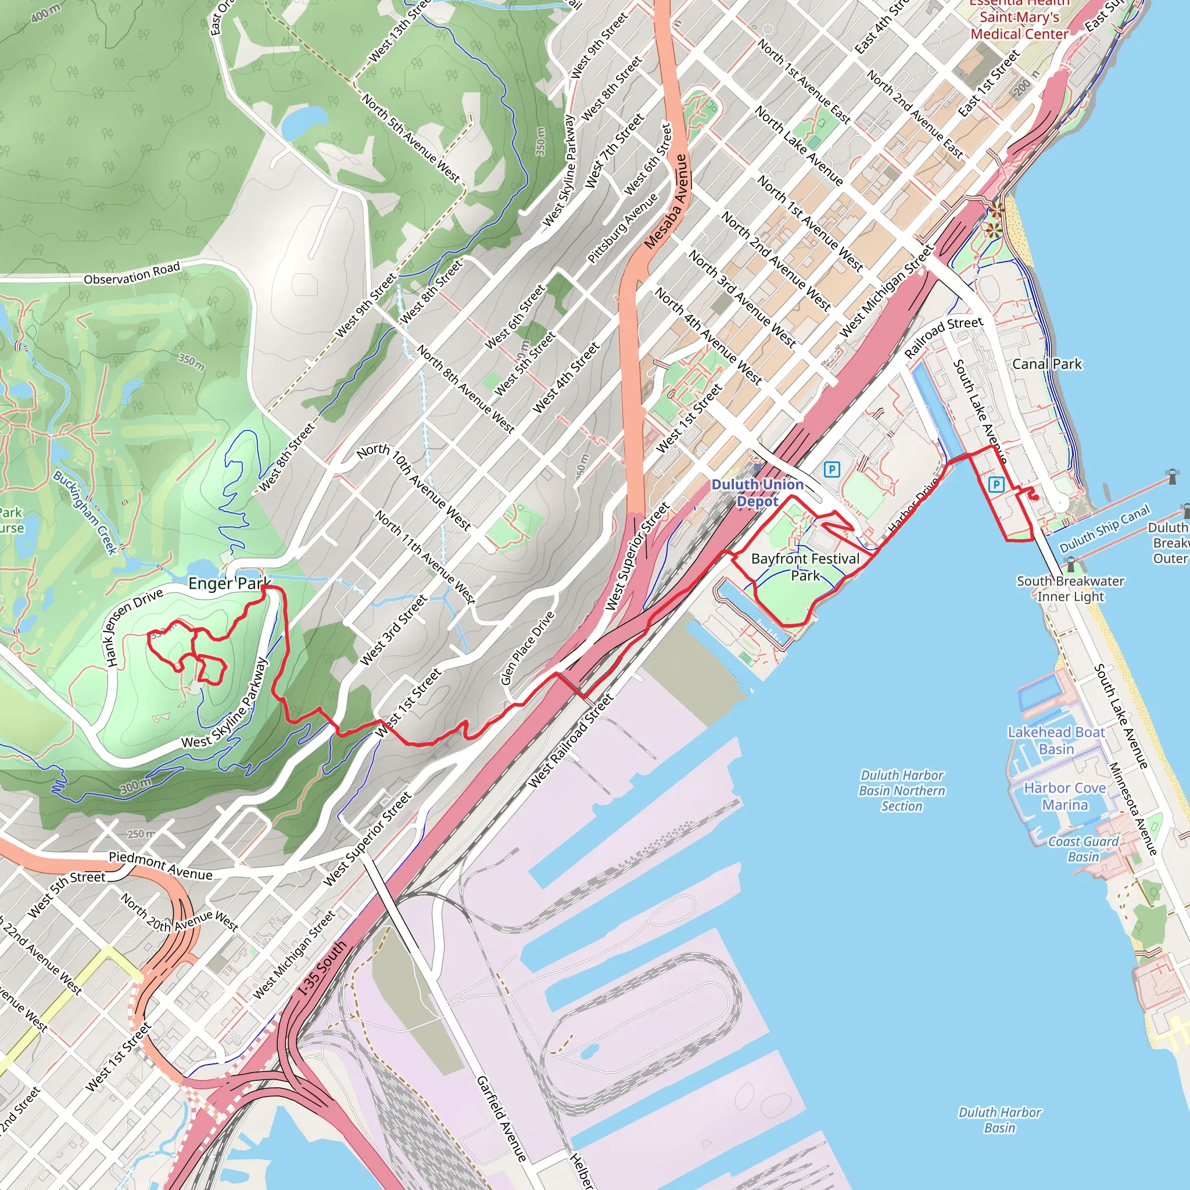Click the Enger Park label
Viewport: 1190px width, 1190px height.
[229, 583]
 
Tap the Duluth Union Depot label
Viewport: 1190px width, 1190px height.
[757, 493]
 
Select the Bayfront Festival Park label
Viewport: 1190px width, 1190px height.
[805, 567]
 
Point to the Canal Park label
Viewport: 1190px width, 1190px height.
[1046, 364]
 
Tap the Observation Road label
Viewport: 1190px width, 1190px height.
[132, 274]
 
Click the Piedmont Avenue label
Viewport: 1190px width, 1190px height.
[160, 865]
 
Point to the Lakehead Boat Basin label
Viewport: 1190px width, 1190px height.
[1056, 740]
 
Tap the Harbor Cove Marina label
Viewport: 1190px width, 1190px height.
[1064, 797]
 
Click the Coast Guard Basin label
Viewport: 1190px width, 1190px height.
[1084, 849]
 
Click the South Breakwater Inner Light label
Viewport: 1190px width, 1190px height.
[1070, 588]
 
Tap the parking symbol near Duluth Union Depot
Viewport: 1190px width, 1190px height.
[831, 470]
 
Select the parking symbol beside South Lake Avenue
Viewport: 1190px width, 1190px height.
[995, 484]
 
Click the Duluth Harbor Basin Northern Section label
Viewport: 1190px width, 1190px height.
[902, 790]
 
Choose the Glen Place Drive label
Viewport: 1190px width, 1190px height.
[527, 648]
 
